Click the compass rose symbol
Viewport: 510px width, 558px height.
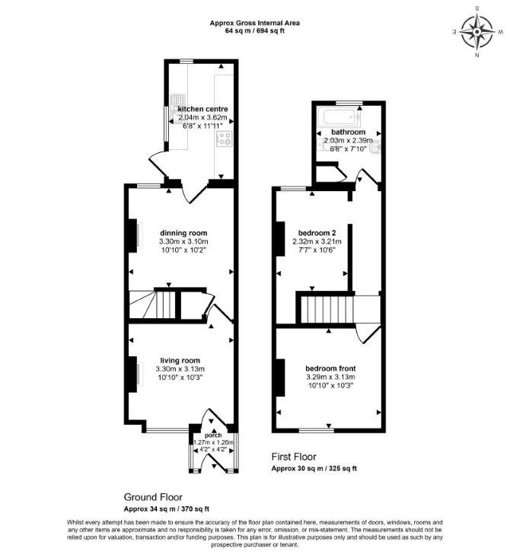[x=477, y=32]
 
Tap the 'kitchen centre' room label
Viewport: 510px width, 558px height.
[x=202, y=109]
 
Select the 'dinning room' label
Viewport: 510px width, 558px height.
[x=183, y=233]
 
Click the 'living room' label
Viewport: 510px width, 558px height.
[x=180, y=361]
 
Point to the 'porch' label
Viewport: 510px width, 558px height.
[x=213, y=435]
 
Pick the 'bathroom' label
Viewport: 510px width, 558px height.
[x=348, y=132]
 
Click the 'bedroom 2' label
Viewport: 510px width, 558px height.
[x=317, y=233]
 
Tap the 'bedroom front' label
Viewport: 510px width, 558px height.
[x=330, y=368]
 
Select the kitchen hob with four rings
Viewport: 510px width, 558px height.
[x=225, y=139]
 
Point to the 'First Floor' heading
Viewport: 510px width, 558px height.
[x=294, y=457]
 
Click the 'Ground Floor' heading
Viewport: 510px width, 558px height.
[x=153, y=497]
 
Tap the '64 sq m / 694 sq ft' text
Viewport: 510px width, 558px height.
[x=254, y=30]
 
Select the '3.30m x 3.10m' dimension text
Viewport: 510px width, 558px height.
[x=183, y=241]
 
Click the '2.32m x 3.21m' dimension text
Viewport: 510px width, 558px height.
[x=317, y=241]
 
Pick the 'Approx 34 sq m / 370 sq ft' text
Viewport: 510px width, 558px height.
[x=167, y=509]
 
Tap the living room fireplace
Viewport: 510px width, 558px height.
[x=132, y=375]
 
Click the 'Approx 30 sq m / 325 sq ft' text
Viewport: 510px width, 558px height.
[x=314, y=468]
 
